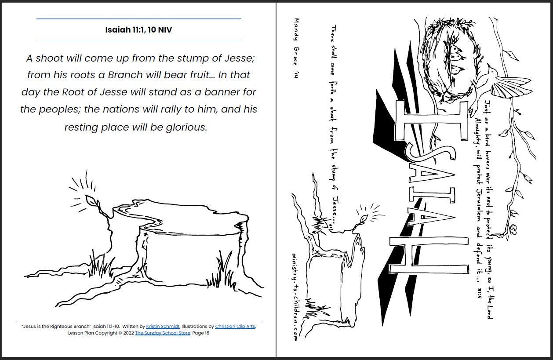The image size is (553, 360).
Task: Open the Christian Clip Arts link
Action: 235,327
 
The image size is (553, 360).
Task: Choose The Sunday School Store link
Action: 163,333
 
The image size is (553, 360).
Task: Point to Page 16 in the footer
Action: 201,333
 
